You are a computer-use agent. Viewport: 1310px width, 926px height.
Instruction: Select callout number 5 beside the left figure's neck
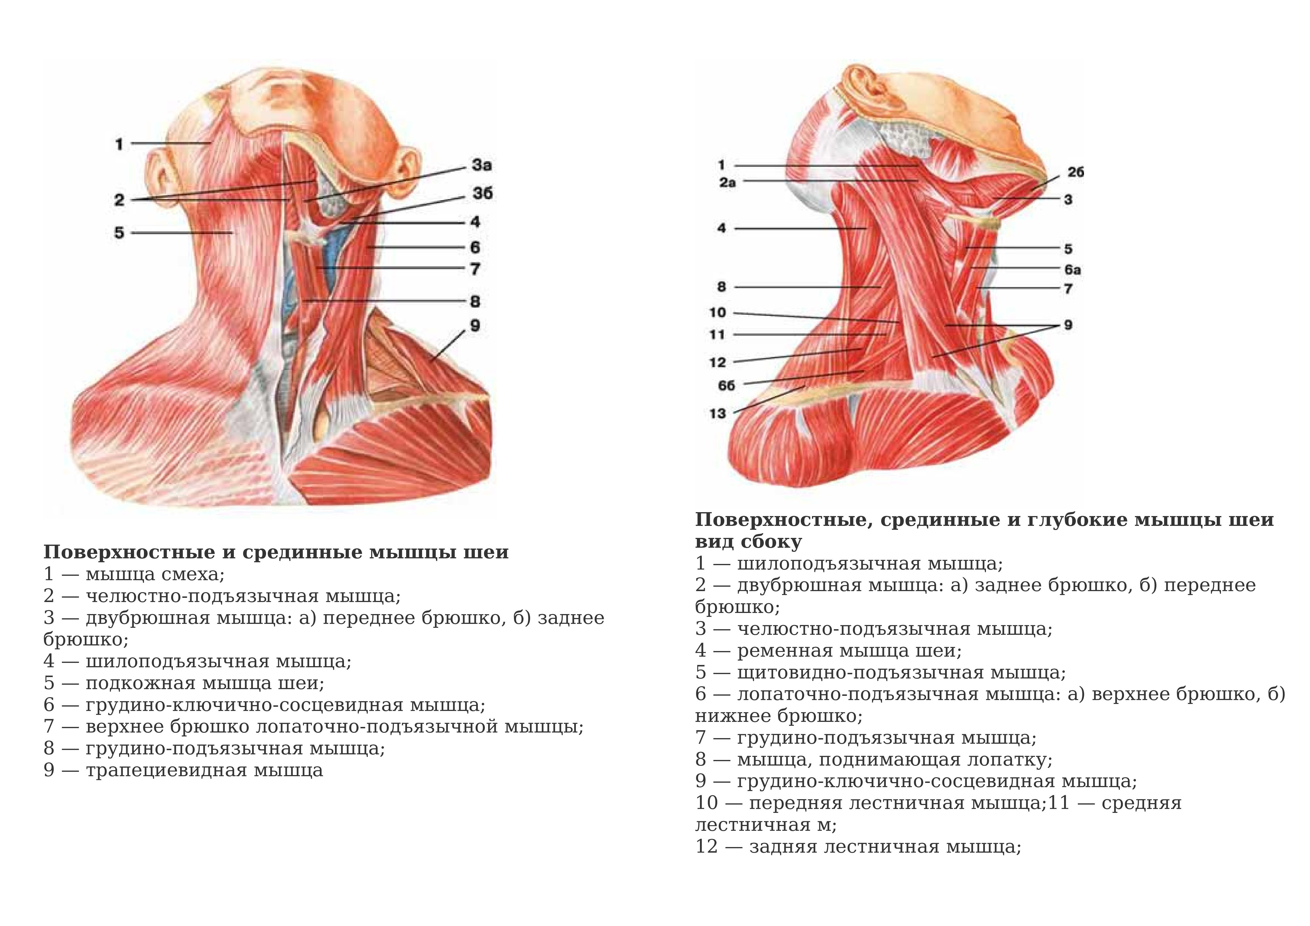tap(119, 233)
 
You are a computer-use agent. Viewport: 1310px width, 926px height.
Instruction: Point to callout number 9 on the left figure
tap(475, 326)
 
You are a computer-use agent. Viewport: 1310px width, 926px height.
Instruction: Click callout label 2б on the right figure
tap(1075, 172)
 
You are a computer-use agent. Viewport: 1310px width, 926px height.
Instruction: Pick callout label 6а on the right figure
tap(1073, 269)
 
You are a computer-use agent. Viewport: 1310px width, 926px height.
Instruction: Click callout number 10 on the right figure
tap(718, 313)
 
